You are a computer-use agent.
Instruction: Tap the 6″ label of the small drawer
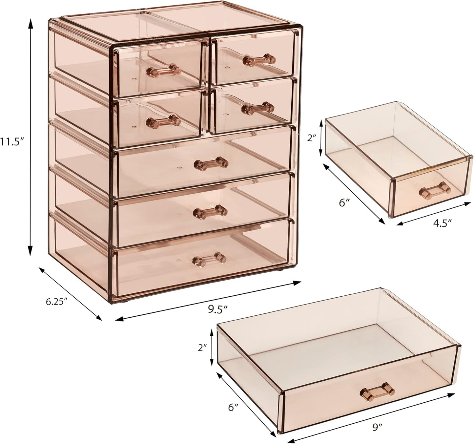(343, 203)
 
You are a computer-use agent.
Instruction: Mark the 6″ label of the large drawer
(233, 408)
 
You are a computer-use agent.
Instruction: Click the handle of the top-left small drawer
(163, 70)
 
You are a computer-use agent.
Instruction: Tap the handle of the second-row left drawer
(163, 120)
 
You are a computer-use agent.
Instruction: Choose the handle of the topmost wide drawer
(211, 163)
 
